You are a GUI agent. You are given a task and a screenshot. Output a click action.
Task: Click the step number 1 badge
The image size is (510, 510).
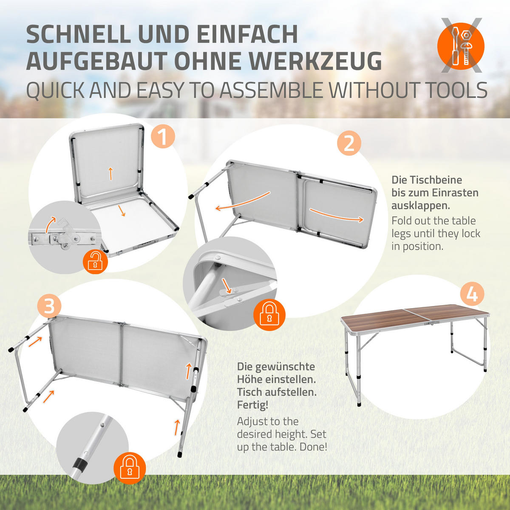coord(163,136)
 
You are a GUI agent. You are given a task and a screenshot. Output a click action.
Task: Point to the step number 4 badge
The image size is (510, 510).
coord(472,295)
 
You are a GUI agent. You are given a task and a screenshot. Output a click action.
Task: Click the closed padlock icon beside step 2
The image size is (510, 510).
coord(269,315)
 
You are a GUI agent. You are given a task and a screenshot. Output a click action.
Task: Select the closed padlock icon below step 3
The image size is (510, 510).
coord(129,468)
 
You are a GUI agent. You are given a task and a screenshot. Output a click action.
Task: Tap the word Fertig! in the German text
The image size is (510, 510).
coord(252,405)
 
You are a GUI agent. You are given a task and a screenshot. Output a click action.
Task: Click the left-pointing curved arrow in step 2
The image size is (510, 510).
coord(242,202)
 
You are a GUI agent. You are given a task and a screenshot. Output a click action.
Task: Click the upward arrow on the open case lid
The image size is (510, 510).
coord(110,173)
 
